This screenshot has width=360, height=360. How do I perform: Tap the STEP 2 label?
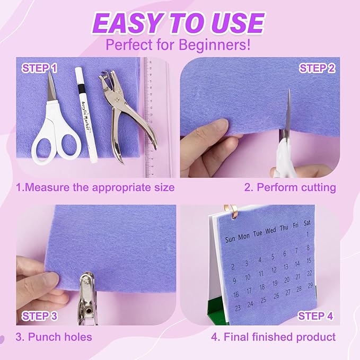pos(317,68)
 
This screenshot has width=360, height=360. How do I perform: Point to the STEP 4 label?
pos(315,317)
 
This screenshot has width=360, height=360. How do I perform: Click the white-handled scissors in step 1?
pos(53,127)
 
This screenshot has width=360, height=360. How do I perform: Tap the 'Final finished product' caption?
pos(279,337)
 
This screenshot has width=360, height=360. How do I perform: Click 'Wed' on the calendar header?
pos(270,231)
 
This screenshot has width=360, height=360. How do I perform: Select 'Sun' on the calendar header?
pos(230,239)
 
